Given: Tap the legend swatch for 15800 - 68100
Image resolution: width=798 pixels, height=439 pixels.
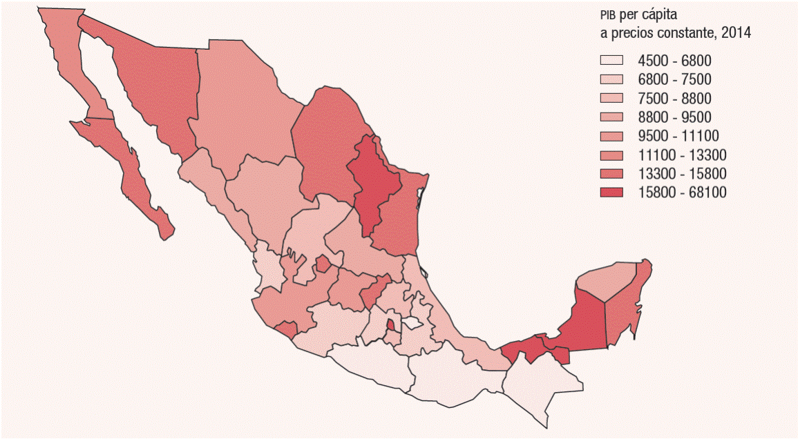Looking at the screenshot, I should coord(611,192).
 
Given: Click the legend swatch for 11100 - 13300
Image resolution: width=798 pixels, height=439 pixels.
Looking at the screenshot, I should coord(611,154).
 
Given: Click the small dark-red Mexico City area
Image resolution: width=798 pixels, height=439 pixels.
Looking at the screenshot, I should coord(391,324).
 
